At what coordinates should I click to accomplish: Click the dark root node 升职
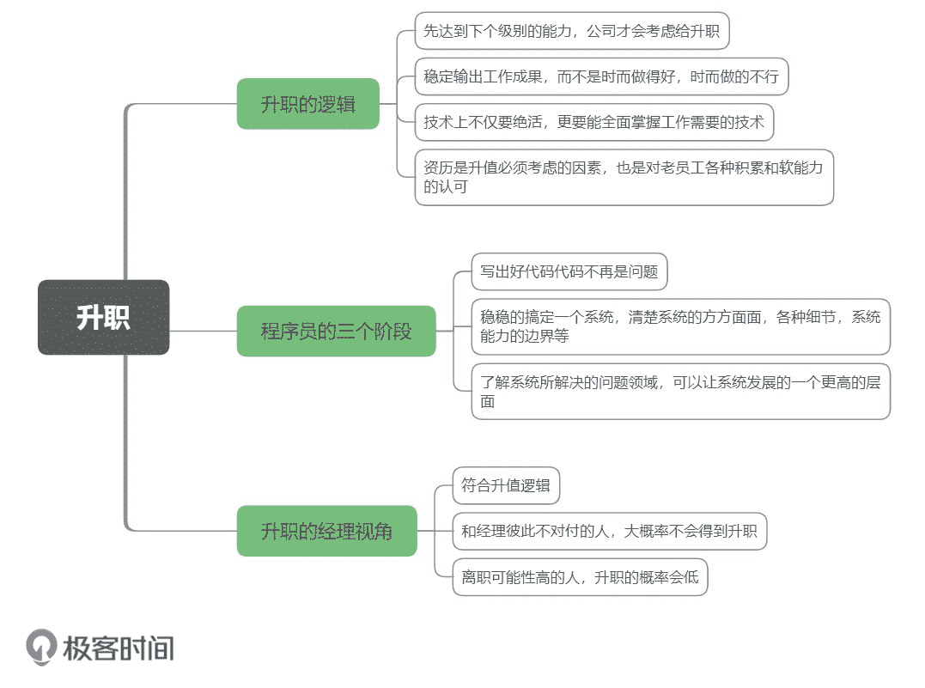[x=104, y=317]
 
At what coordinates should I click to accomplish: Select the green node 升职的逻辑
[x=307, y=104]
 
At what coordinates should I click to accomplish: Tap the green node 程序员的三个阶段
[x=336, y=331]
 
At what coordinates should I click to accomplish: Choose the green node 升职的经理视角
[x=326, y=531]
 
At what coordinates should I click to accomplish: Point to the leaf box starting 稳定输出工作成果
[x=601, y=77]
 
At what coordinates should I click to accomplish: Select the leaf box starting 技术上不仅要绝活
[x=593, y=122]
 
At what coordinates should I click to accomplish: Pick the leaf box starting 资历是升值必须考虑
[x=624, y=177]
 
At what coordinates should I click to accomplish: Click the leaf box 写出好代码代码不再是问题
[x=569, y=272]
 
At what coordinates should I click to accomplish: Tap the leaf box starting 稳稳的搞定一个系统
[x=680, y=326]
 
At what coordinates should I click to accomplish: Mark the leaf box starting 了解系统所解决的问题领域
[x=680, y=392]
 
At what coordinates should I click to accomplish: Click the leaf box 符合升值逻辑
[x=505, y=485]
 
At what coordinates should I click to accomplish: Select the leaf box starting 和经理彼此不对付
[x=609, y=532]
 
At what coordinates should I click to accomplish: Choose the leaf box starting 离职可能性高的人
[x=580, y=577]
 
